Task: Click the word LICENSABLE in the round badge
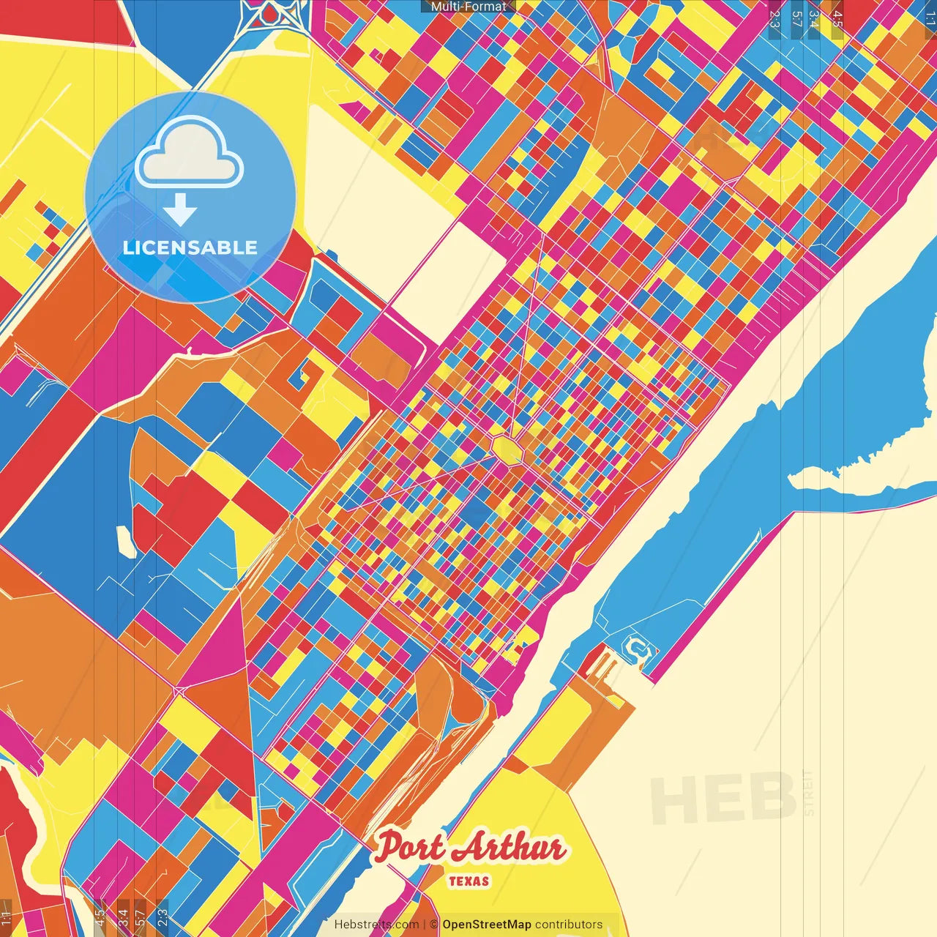click(190, 247)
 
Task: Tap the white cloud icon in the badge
click(189, 156)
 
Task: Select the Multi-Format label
click(468, 7)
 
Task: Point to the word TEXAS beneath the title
click(468, 881)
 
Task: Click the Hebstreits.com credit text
click(376, 925)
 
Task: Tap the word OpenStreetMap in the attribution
click(487, 925)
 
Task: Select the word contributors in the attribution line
click(569, 925)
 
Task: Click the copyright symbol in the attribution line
click(434, 925)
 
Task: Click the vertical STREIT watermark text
click(808, 793)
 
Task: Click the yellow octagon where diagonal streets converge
click(507, 449)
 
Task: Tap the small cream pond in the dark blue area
click(126, 542)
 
